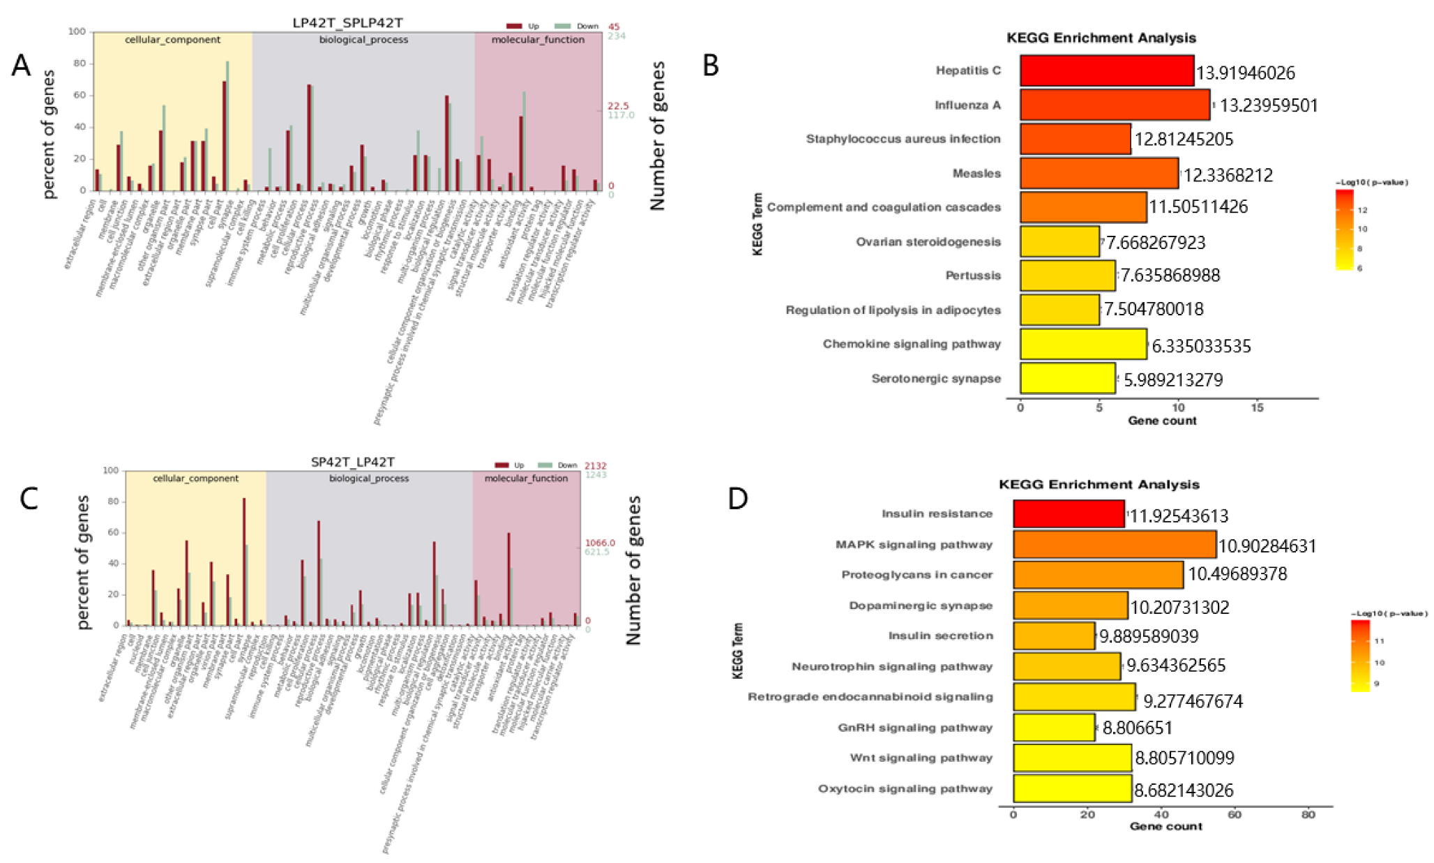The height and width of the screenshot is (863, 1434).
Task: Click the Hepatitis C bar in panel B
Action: [x=1106, y=70]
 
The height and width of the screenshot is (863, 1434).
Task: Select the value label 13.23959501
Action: [x=1268, y=105]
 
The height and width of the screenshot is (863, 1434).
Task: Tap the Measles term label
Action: [x=976, y=173]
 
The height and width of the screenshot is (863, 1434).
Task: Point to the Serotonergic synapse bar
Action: [x=1067, y=378]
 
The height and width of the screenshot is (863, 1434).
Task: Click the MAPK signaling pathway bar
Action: [x=1114, y=544]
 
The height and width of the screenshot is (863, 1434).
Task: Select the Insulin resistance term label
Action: [x=936, y=513]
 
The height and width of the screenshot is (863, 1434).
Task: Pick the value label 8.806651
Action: [x=1137, y=728]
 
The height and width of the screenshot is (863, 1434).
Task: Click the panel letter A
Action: [x=22, y=66]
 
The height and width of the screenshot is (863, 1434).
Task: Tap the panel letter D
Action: [x=737, y=499]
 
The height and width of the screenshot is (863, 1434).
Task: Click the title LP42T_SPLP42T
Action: [x=347, y=23]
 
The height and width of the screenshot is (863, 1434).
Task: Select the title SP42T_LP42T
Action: [x=352, y=462]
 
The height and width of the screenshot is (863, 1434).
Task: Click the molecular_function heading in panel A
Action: [x=538, y=40]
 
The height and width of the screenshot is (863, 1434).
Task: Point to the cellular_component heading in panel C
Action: [x=195, y=479]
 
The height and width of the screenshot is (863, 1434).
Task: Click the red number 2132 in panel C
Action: [x=595, y=465]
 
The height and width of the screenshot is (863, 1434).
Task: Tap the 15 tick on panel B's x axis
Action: [x=1256, y=407]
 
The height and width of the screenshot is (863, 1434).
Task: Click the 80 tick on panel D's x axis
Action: [x=1308, y=813]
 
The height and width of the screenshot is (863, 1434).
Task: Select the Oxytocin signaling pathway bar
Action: [x=1071, y=788]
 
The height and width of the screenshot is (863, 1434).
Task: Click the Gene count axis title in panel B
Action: [x=1162, y=421]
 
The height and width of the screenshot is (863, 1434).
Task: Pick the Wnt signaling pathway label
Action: [x=921, y=758]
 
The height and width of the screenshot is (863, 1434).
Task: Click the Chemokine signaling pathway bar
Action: [x=1082, y=344]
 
